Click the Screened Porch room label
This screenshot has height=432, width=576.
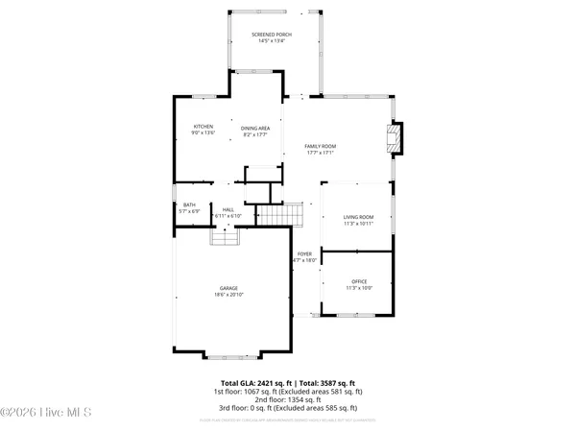(272, 35)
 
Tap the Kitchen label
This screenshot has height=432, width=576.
(203, 127)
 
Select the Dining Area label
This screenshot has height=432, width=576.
(255, 128)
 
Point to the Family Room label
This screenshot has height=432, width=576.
(321, 146)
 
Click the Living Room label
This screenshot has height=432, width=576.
(359, 217)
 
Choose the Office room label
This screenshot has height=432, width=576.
(359, 281)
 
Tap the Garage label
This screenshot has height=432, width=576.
(228, 288)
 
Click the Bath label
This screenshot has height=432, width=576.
(189, 204)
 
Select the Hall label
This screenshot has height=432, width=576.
(228, 209)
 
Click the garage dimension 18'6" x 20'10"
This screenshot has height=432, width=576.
(228, 295)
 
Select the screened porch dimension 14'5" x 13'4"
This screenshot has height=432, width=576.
(272, 41)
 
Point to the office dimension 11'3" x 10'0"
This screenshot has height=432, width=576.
(359, 288)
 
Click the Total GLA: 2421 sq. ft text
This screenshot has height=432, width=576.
(254, 383)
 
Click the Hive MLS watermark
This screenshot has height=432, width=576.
(46, 413)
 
